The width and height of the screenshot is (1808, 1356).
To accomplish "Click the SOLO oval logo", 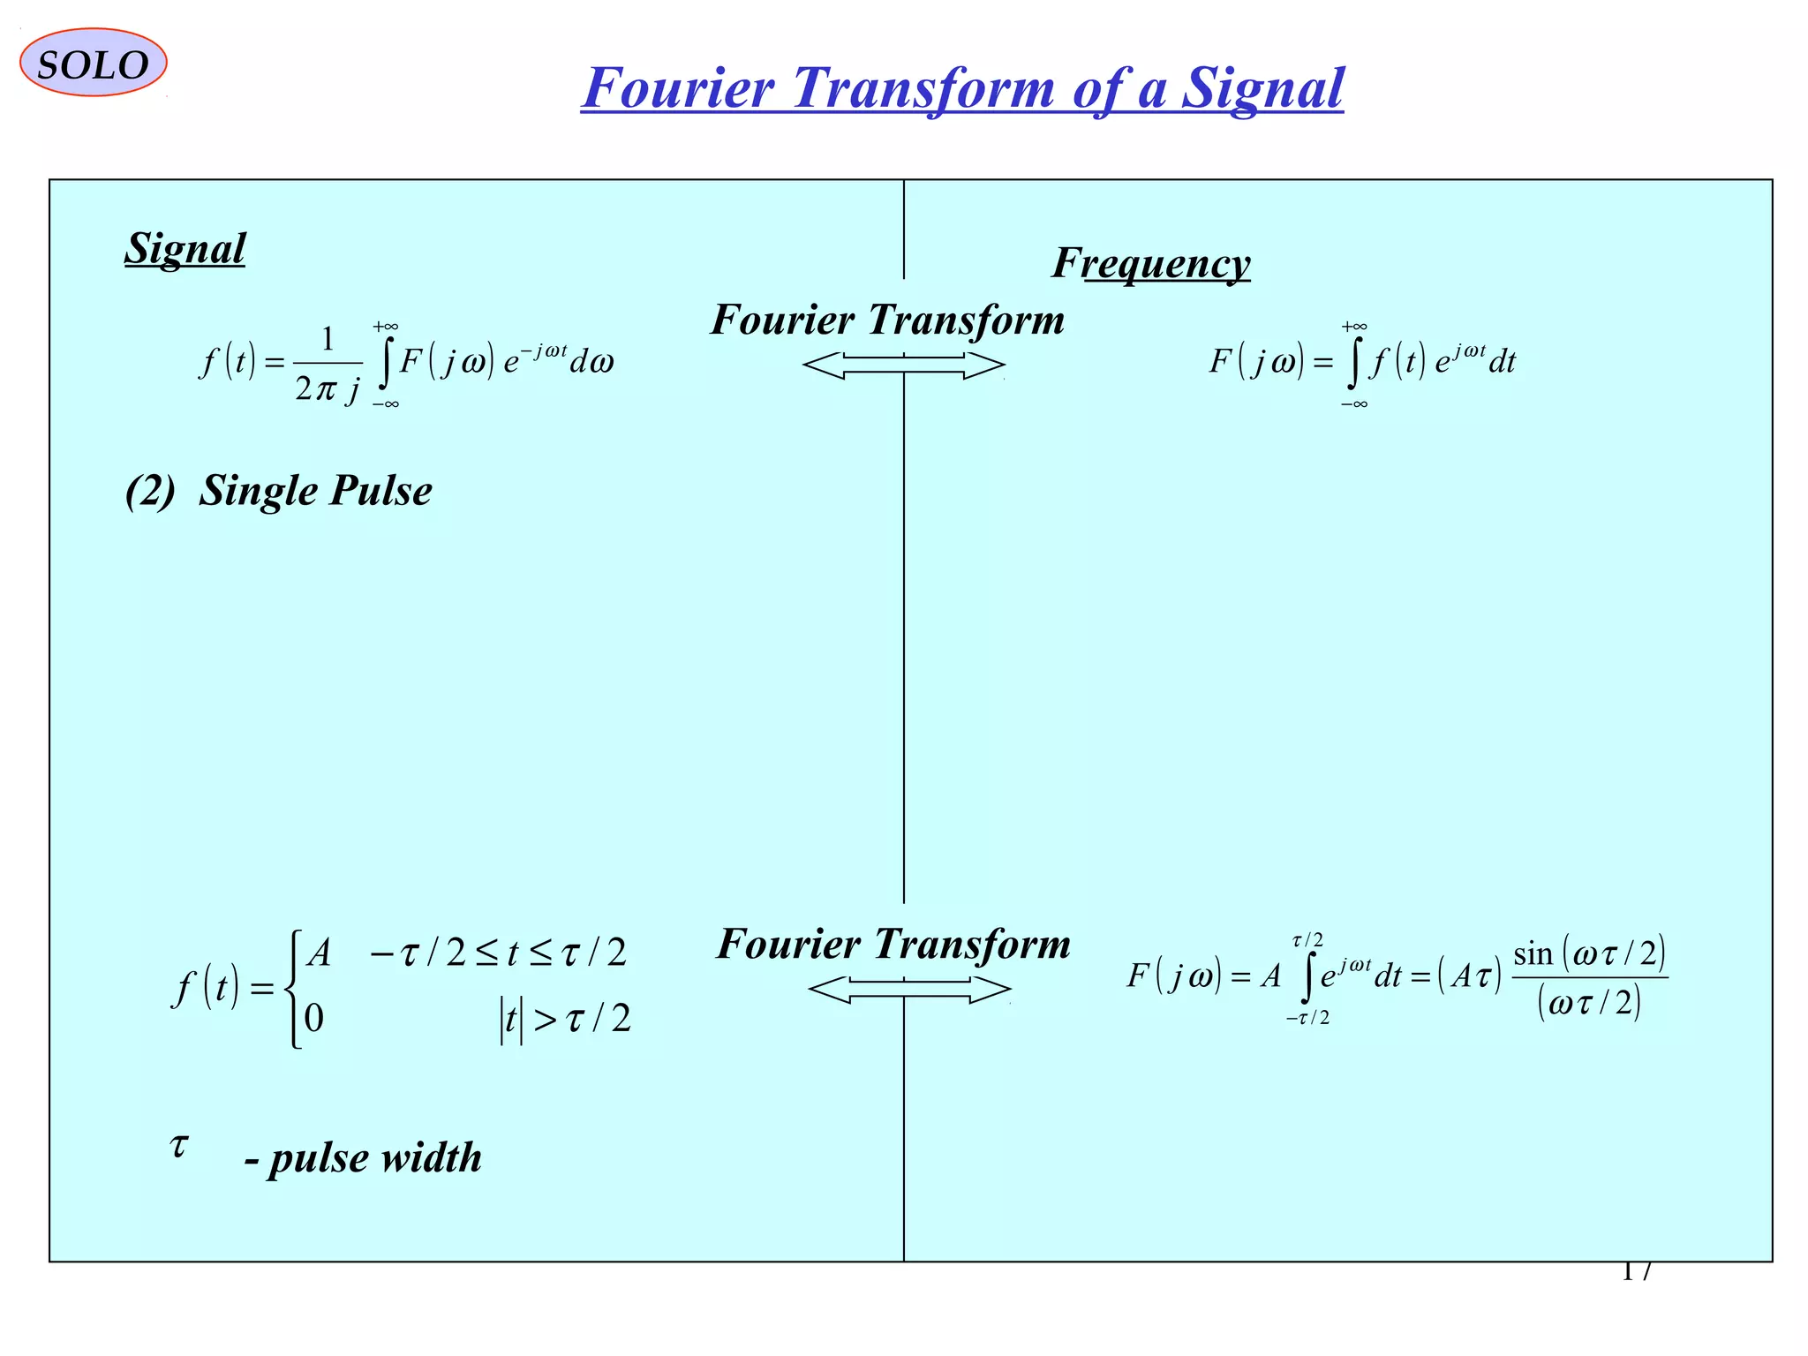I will click(93, 63).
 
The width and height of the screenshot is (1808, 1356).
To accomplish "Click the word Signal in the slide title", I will click(1262, 88).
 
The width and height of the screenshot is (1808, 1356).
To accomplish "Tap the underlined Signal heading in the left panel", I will click(185, 248).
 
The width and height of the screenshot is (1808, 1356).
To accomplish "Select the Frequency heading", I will click(1150, 263).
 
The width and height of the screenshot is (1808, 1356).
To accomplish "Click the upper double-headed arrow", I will click(903, 365).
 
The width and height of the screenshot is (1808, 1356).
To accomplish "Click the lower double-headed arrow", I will click(908, 990).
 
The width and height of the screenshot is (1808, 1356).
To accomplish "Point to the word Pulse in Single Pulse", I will click(381, 491).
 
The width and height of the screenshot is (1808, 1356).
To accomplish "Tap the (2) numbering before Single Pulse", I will click(150, 491).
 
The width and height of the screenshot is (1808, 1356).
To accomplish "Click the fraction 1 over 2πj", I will click(328, 364).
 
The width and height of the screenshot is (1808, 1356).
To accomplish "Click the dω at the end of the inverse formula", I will click(591, 362).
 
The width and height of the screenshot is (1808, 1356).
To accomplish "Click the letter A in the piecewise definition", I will click(318, 953).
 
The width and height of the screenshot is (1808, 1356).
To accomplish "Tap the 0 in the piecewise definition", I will click(314, 1019).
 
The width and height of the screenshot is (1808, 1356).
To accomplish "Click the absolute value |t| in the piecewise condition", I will click(511, 1020).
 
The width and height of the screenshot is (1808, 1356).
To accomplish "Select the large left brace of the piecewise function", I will click(294, 988).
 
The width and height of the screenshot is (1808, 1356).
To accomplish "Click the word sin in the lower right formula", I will click(1533, 954).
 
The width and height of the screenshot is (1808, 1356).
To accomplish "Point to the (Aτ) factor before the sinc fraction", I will click(1469, 976).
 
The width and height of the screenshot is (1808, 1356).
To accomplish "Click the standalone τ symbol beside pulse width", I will click(179, 1146).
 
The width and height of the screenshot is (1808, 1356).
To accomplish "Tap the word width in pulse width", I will click(432, 1157).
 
